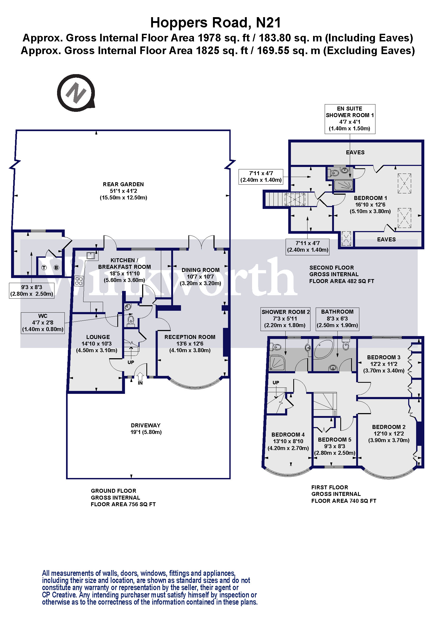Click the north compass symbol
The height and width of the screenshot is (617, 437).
[76, 93]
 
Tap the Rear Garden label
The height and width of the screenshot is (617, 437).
[123, 184]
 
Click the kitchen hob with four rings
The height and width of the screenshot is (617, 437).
[79, 281]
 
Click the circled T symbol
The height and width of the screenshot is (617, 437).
[44, 268]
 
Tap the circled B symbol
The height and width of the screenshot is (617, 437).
[56, 268]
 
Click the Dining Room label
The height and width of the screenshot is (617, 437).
[201, 270]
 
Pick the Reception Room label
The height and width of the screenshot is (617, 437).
[190, 337]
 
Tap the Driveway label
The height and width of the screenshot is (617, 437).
[146, 425]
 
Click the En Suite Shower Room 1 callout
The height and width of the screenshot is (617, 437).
[350, 119]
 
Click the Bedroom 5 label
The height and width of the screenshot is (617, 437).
[334, 440]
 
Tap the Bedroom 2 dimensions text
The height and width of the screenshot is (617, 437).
[389, 437]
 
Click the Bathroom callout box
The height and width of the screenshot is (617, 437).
[337, 319]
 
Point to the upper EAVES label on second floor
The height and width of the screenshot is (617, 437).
[355, 152]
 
